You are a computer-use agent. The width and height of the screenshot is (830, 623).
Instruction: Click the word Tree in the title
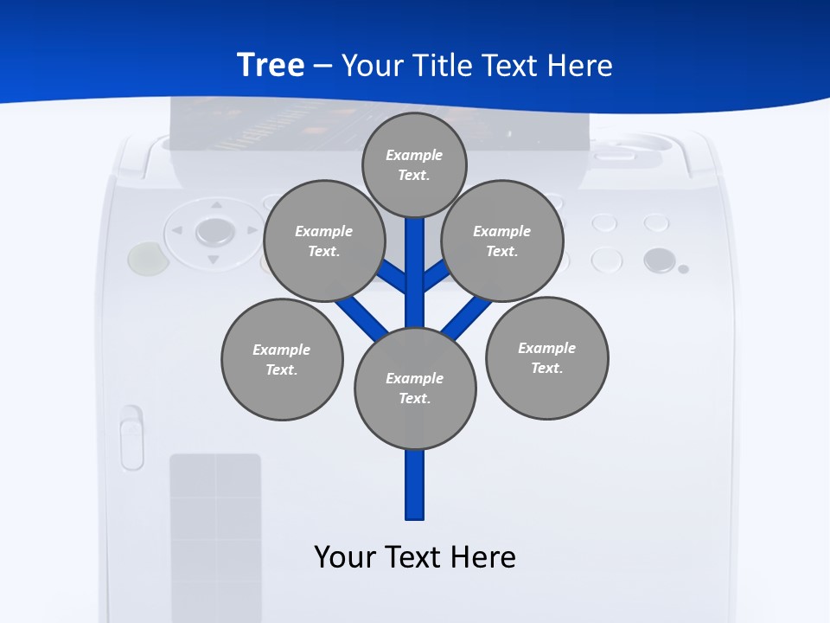coord(271,65)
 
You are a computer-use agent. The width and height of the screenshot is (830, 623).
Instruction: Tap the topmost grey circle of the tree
coord(414,164)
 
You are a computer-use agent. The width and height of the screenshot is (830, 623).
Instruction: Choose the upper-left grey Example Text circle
coord(323,241)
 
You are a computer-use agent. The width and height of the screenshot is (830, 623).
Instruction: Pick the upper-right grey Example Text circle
coord(502,241)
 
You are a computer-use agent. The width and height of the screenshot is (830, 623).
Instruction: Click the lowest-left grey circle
coord(282,359)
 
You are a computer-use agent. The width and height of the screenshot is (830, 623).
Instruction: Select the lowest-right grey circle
coord(546,357)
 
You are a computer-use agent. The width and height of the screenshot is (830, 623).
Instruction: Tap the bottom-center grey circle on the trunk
coord(415,388)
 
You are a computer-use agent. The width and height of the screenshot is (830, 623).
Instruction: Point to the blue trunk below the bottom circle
coord(415,485)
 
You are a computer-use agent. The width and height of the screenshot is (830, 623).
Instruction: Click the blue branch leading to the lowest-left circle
coord(361,315)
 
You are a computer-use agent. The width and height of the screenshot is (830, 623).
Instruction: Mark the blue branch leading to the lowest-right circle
coord(467,317)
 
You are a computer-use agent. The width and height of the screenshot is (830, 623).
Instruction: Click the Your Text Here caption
coord(415,556)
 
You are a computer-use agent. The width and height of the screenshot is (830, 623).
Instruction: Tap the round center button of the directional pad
coord(214,231)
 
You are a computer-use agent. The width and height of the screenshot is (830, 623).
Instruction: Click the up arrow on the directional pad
coord(215,206)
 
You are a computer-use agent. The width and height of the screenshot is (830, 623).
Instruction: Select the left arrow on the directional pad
coord(177,231)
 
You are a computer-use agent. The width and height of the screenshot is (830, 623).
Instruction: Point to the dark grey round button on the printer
coord(659,260)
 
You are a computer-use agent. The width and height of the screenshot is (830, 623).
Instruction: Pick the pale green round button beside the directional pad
coord(145,257)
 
